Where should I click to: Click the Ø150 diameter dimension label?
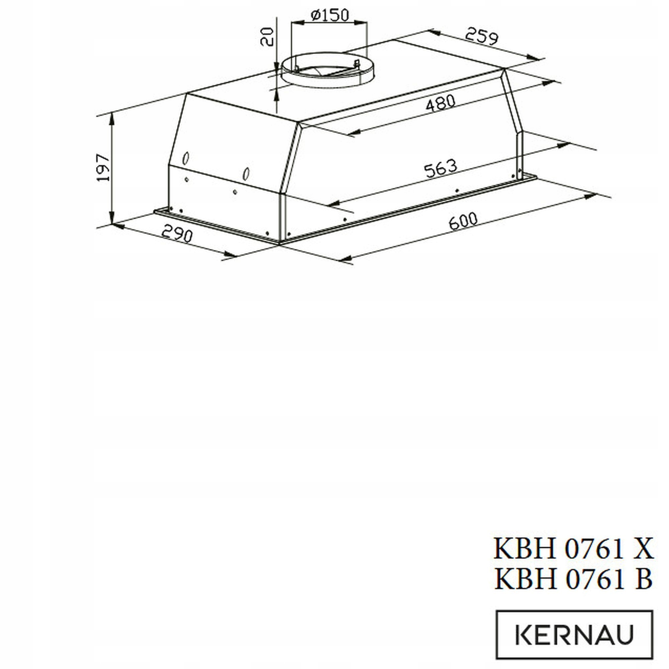[x=330, y=15]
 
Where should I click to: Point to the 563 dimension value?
[x=441, y=169]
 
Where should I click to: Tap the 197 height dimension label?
[x=103, y=168]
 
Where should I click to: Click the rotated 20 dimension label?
[x=267, y=37]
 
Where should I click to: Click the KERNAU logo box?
[x=574, y=634]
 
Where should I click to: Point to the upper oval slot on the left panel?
[x=186, y=158]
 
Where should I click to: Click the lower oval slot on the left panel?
[x=246, y=174]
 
